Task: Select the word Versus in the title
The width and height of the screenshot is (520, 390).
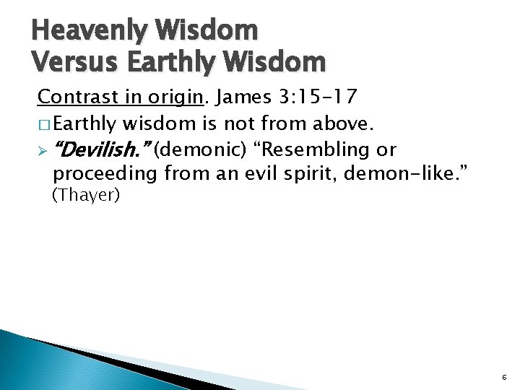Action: [73, 62]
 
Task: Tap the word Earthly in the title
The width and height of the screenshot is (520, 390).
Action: [172, 62]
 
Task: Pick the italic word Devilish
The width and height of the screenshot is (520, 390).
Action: [100, 150]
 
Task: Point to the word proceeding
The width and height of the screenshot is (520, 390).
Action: [106, 174]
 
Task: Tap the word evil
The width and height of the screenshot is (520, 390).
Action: [259, 174]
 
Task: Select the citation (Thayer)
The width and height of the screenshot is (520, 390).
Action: [86, 195]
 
